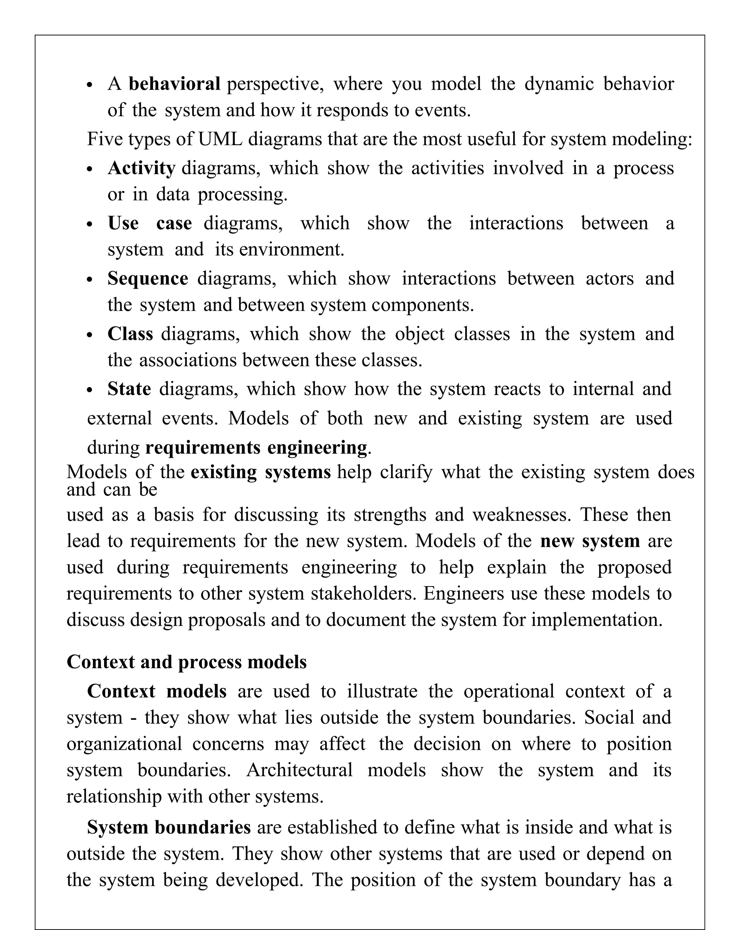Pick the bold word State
129,389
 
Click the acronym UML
220,139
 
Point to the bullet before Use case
90,225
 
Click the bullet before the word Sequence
90,280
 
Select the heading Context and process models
186,662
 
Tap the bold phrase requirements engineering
256,447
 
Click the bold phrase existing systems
261,472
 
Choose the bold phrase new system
590,541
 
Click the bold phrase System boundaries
169,827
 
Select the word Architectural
300,770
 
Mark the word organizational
124,744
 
